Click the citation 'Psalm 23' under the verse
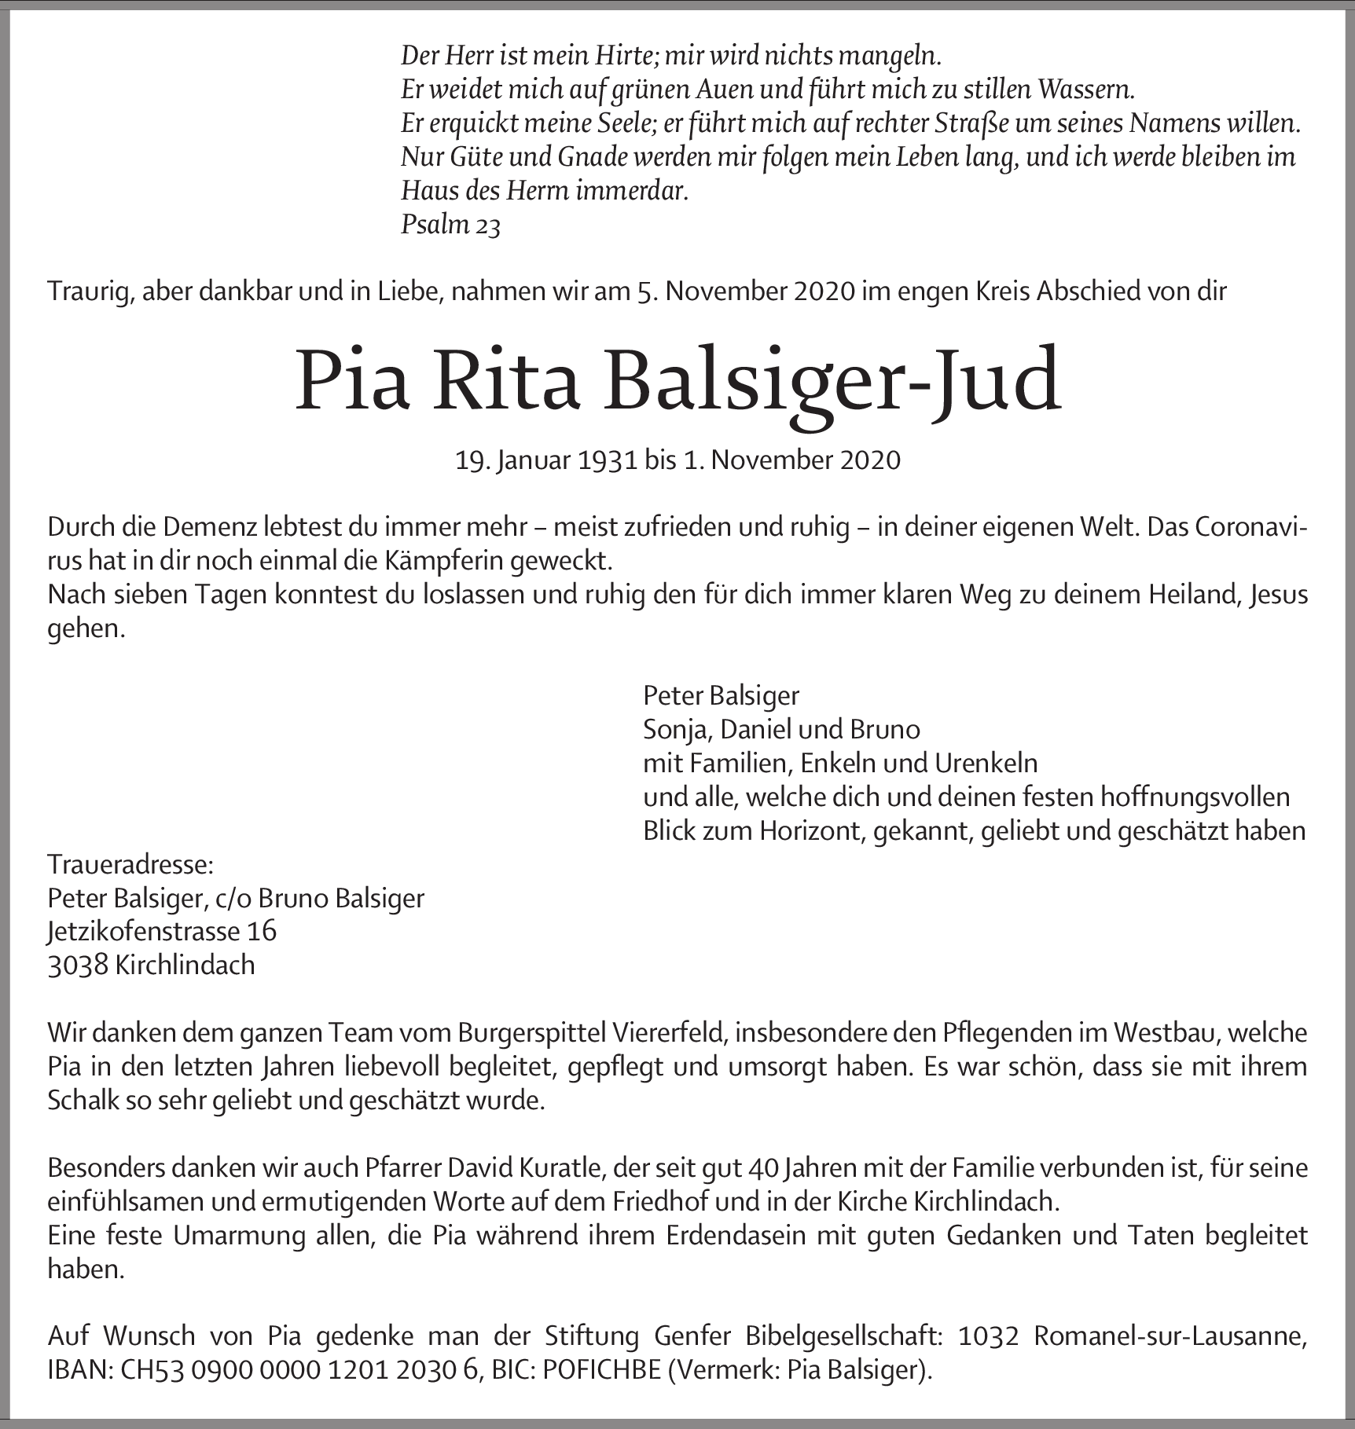pos(450,225)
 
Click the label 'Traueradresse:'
pos(130,865)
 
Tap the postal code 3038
pos(78,965)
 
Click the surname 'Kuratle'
pos(560,1168)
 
